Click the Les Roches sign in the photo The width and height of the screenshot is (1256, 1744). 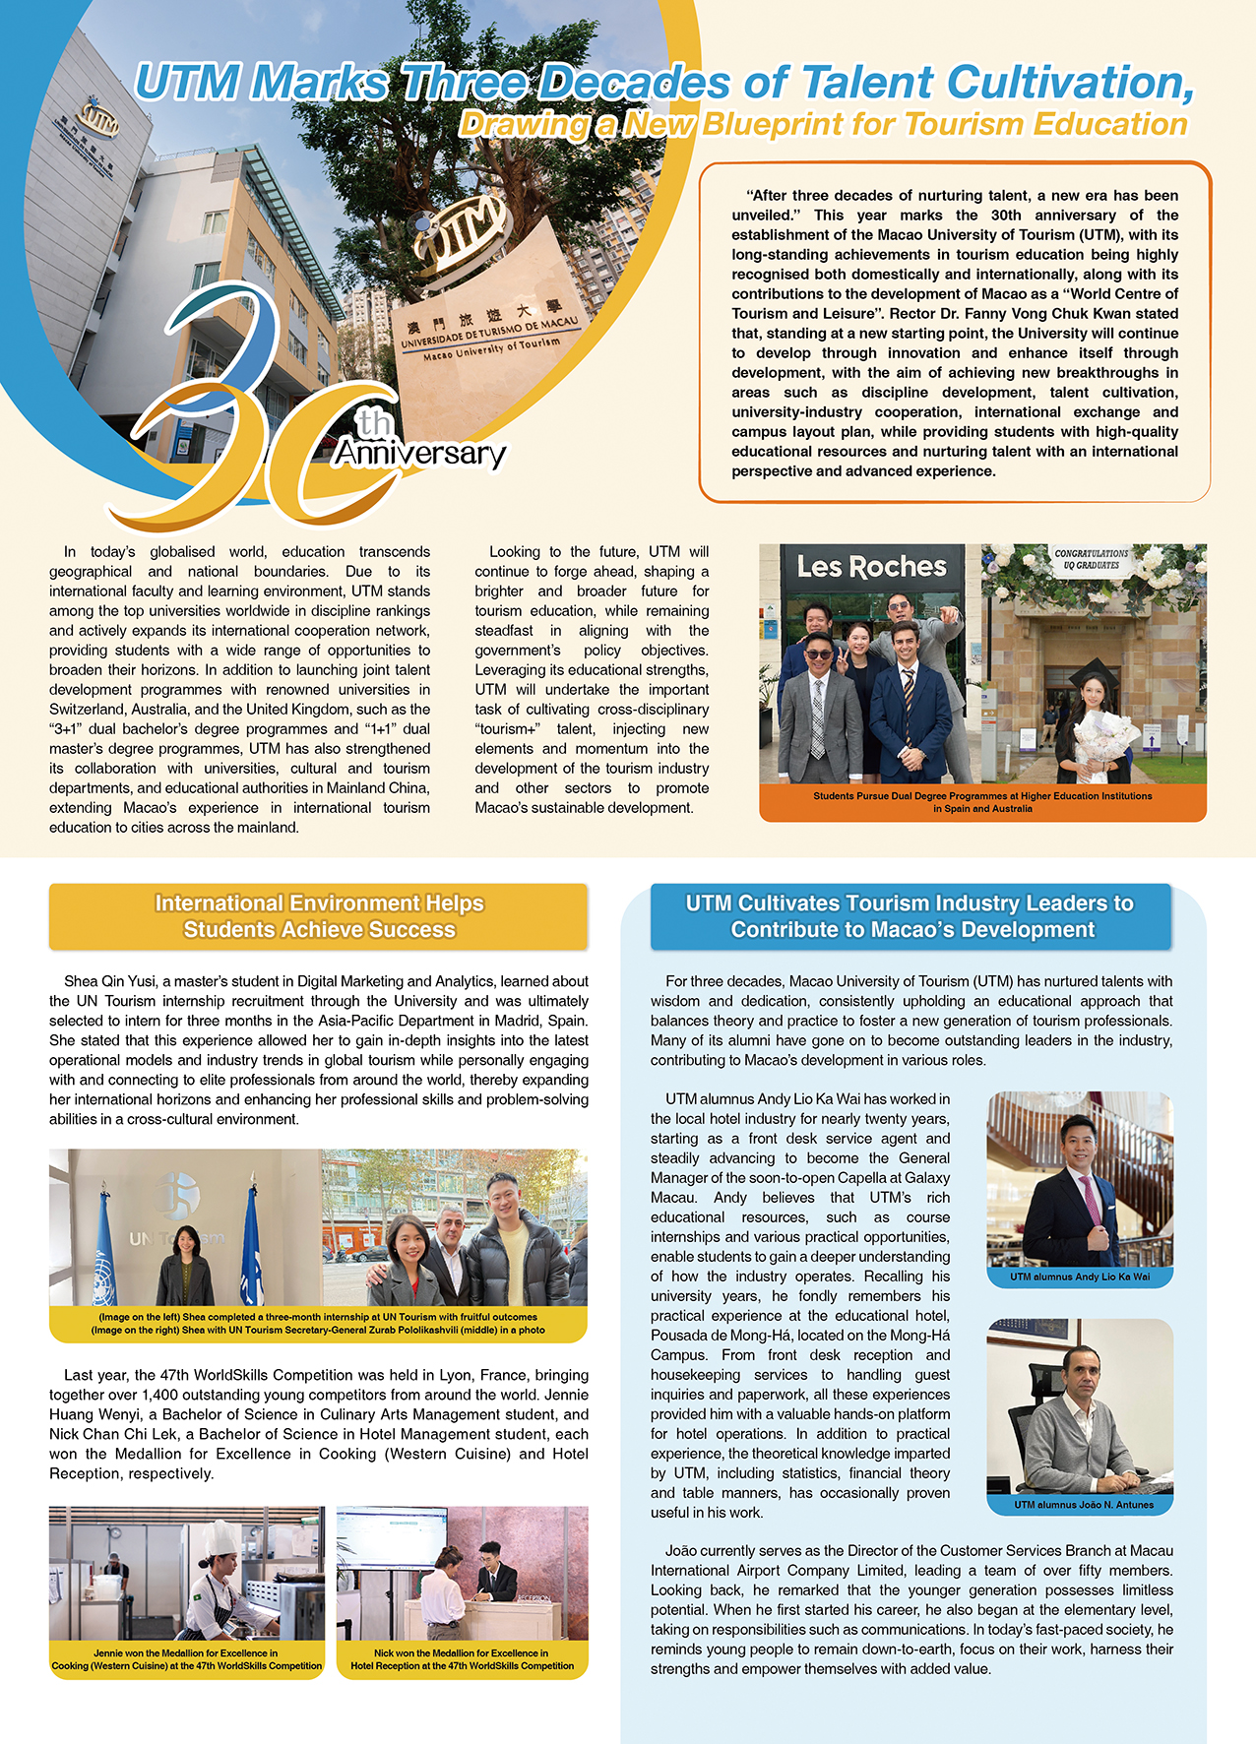871,567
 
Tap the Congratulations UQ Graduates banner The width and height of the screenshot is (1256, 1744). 1092,559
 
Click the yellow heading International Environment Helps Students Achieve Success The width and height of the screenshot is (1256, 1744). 319,916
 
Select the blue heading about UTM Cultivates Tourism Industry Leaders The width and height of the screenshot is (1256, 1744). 911,916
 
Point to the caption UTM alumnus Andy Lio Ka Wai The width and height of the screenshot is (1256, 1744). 1080,1277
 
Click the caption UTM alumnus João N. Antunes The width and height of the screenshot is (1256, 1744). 1080,1505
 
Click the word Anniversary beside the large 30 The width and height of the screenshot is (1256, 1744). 419,454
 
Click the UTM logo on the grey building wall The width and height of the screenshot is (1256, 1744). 97,121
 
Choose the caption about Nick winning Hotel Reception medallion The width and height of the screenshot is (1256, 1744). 462,1659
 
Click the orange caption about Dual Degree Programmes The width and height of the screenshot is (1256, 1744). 982,802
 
